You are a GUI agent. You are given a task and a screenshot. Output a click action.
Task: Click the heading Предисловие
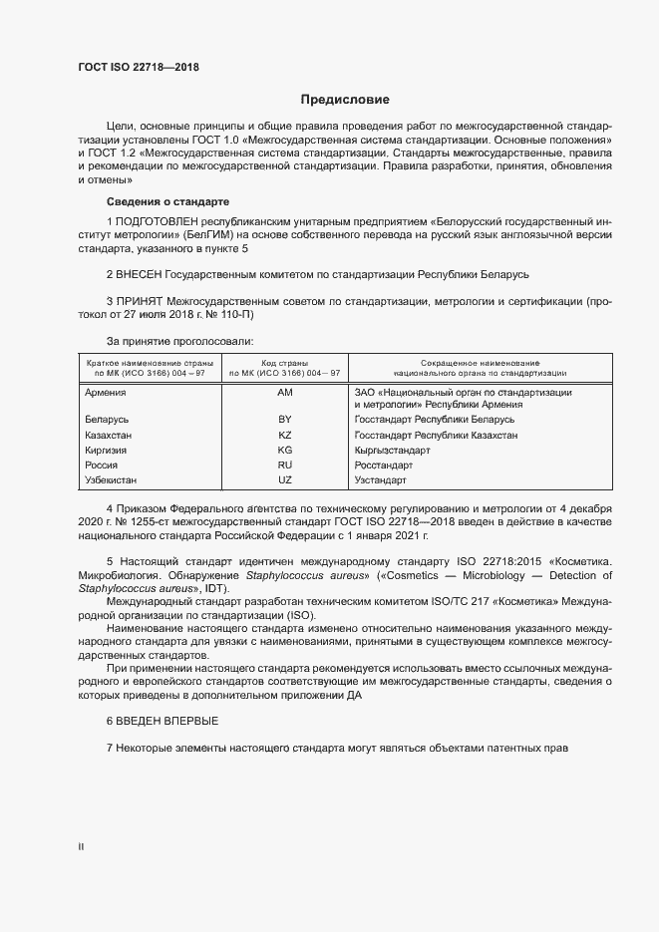[x=346, y=100]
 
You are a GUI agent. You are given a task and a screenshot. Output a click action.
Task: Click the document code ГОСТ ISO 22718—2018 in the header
[x=145, y=68]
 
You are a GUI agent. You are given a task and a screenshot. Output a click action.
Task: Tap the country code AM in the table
[x=284, y=393]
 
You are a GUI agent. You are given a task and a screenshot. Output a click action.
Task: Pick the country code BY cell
[x=284, y=421]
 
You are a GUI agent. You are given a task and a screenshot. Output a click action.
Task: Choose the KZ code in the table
[x=284, y=436]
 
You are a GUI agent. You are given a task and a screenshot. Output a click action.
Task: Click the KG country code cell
[x=284, y=451]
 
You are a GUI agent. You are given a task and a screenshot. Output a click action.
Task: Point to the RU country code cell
[x=284, y=466]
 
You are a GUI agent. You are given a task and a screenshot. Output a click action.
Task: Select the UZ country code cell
[x=284, y=480]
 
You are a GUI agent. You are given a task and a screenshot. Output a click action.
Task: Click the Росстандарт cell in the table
[x=384, y=466]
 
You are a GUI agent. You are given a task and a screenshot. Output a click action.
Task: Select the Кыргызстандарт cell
[x=392, y=451]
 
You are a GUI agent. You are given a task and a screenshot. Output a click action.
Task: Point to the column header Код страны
[x=284, y=362]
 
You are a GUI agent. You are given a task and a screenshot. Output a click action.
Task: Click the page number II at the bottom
[x=81, y=846]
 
